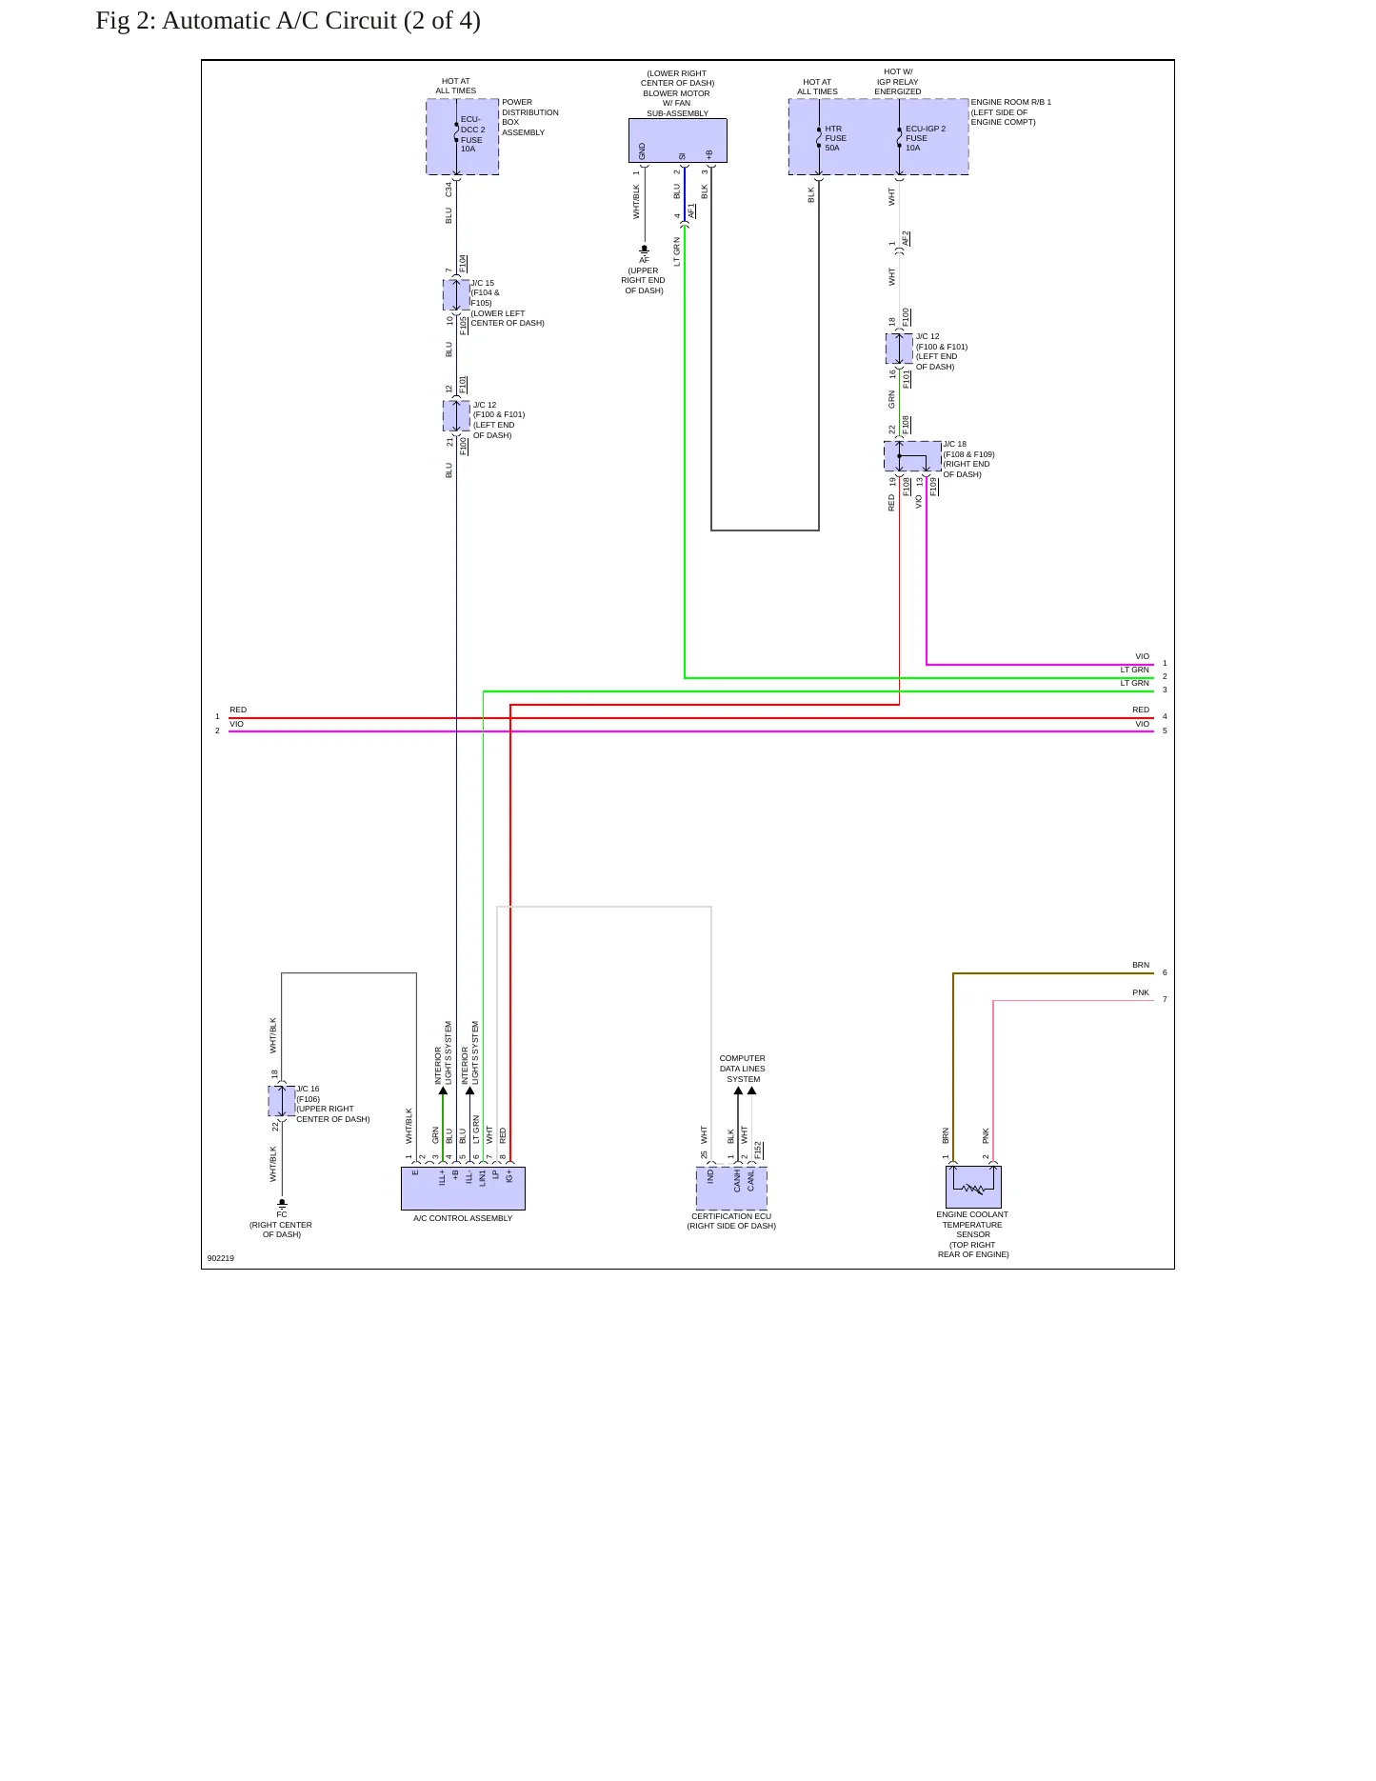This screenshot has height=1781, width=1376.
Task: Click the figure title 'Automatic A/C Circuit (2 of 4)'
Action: coord(321,20)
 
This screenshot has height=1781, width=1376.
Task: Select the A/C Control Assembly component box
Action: coord(463,1189)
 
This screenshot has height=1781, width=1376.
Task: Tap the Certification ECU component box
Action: coord(731,1189)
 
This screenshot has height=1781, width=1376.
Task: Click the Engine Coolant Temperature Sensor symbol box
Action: coord(973,1187)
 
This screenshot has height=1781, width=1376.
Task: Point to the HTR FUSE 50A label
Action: coord(836,138)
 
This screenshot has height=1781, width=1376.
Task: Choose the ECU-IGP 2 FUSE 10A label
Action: coord(926,138)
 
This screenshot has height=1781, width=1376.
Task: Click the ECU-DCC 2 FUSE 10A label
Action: coord(473,134)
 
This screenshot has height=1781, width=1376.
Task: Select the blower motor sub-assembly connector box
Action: coord(678,141)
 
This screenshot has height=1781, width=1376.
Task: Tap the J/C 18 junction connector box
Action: coord(912,456)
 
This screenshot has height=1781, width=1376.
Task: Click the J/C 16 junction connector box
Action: coord(282,1101)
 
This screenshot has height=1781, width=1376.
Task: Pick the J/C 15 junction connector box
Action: coord(456,295)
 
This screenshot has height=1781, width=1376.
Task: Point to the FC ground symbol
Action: coord(282,1204)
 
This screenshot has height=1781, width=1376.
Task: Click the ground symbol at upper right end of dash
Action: coord(644,250)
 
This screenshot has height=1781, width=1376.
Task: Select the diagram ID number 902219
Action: coord(221,1258)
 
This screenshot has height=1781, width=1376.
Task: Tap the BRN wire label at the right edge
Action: coord(1141,965)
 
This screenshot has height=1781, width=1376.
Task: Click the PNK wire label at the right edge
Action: coord(1141,992)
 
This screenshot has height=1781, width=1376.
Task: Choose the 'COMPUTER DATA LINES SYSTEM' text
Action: coord(743,1069)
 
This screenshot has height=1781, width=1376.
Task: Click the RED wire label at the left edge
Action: coord(238,710)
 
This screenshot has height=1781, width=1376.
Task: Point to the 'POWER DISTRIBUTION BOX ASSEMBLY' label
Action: coord(530,117)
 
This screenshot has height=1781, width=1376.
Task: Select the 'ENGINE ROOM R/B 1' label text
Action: coord(1011,102)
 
